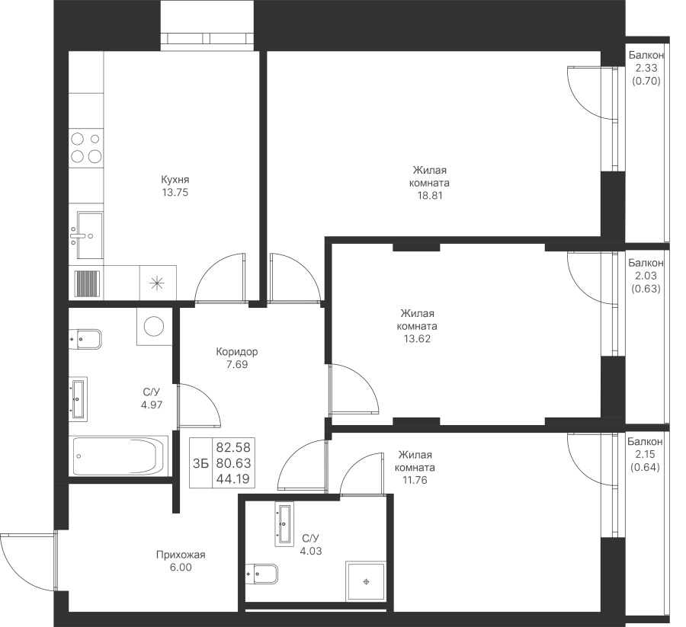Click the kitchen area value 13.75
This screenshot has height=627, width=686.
tap(175, 193)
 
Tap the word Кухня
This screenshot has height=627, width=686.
tap(175, 180)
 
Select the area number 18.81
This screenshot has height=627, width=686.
tap(430, 196)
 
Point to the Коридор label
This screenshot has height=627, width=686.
tap(237, 351)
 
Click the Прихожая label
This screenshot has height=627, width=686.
tap(181, 555)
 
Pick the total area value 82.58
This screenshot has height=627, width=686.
tap(233, 447)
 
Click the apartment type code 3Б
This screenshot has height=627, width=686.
tap(200, 463)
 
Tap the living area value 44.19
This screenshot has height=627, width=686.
tap(233, 479)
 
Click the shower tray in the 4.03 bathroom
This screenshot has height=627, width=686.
tap(366, 581)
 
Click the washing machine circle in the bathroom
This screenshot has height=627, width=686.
tap(153, 326)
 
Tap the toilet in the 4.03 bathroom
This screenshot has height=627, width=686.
tap(261, 574)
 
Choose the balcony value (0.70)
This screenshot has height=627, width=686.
tap(646, 81)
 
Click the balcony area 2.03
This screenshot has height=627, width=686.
tap(646, 276)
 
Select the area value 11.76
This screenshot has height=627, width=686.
tap(415, 480)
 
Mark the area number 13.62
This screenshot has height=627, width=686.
tap(417, 339)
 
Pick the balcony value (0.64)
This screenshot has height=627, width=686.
tap(645, 467)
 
